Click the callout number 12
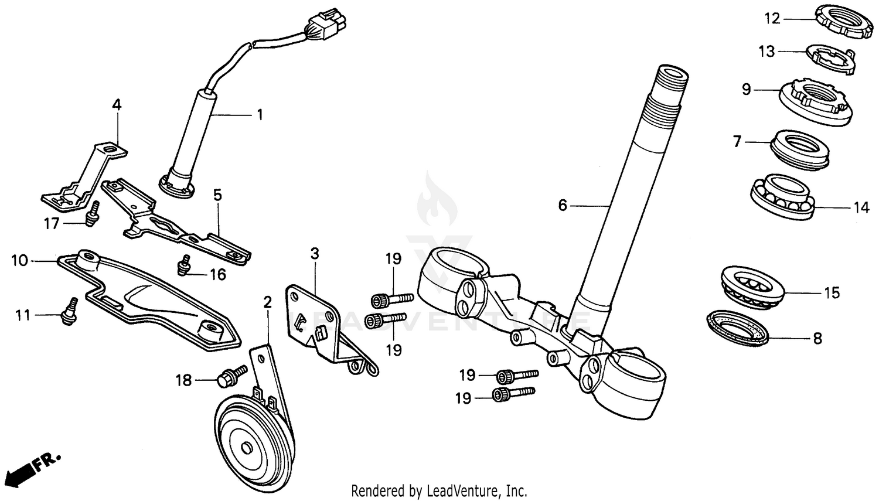pyautogui.click(x=772, y=19)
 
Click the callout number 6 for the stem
pyautogui.click(x=563, y=206)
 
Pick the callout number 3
pyautogui.click(x=315, y=254)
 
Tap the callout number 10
pyautogui.click(x=19, y=260)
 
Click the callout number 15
pyautogui.click(x=832, y=292)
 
